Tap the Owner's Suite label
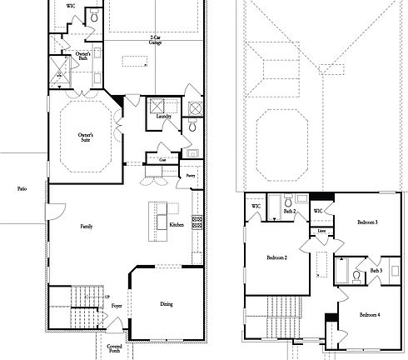tap(85, 137)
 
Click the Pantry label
tap(190, 177)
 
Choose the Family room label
tap(86, 227)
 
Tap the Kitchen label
tap(177, 225)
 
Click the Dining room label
tap(167, 303)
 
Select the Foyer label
tap(116, 307)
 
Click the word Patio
tap(22, 189)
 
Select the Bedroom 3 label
tap(367, 222)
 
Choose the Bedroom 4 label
tap(371, 314)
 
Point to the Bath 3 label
tap(376, 270)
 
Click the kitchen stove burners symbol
tap(197, 222)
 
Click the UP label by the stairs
tap(107, 297)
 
